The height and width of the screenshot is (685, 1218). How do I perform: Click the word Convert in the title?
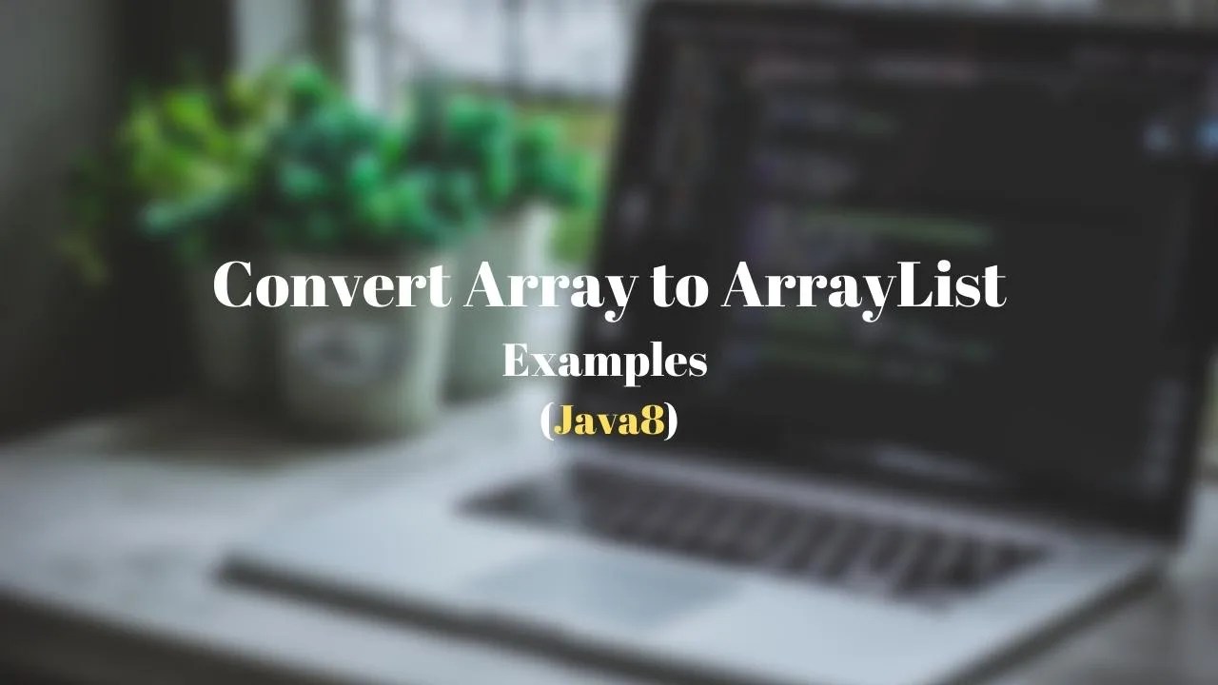click(x=331, y=284)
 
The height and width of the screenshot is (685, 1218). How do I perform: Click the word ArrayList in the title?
click(x=863, y=284)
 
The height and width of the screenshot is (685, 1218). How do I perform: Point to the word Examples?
click(x=604, y=362)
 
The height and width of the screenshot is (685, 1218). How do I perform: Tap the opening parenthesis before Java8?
click(x=546, y=421)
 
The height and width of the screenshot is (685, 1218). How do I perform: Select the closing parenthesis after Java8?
click(x=672, y=421)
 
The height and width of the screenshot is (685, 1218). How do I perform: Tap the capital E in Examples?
click(x=515, y=362)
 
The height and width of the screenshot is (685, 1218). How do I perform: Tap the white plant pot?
click(x=352, y=342)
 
